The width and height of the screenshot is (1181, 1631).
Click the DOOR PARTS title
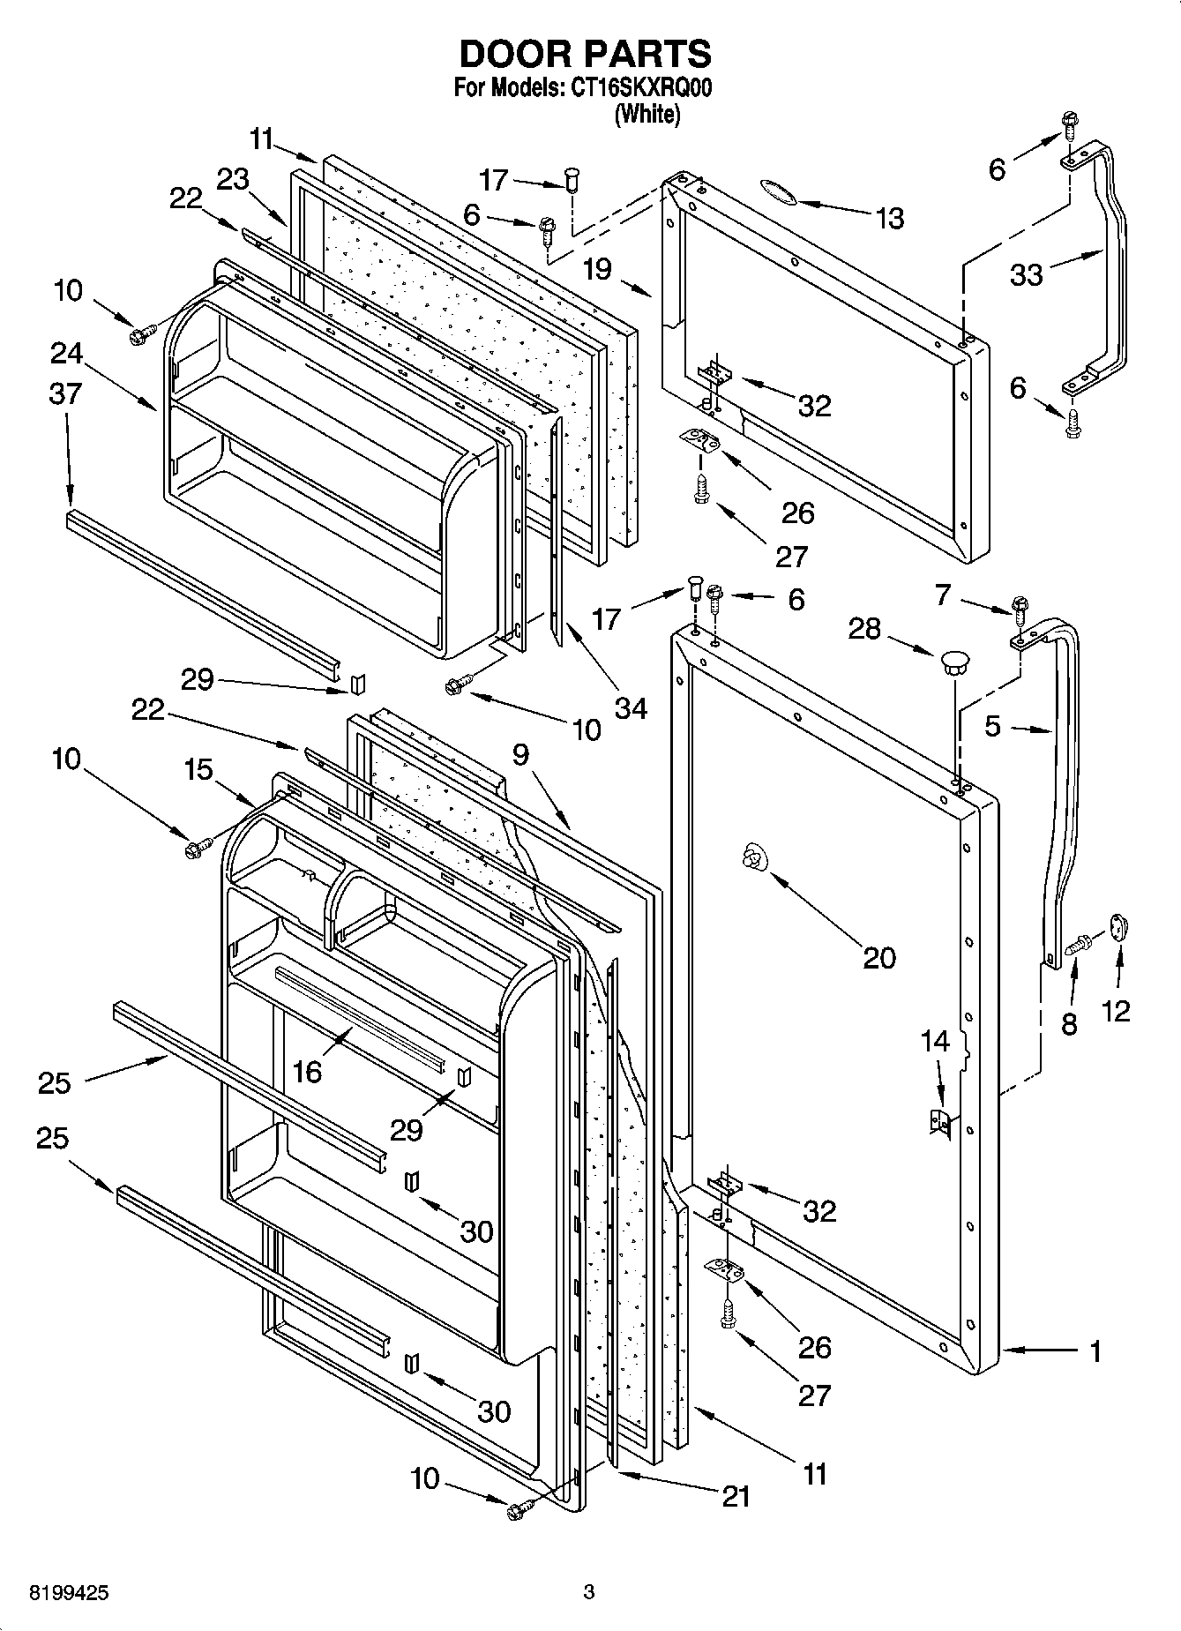(x=585, y=55)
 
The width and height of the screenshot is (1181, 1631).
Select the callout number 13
(x=890, y=218)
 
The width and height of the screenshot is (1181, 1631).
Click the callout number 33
(x=1027, y=274)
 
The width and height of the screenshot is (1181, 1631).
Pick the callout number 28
(x=864, y=628)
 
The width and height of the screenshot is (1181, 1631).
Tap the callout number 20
(x=878, y=957)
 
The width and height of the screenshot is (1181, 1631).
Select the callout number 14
(x=935, y=1041)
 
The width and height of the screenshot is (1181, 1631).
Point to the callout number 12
(x=1116, y=1009)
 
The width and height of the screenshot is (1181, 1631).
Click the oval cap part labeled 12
(x=1120, y=927)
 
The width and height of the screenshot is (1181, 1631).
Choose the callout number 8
(x=1069, y=1025)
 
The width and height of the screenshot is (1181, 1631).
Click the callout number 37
(x=65, y=393)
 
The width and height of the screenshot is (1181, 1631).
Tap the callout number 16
(x=307, y=1070)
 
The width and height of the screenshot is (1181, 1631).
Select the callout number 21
(x=736, y=1496)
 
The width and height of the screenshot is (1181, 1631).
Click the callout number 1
(x=1095, y=1350)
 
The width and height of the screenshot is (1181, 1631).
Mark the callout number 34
(x=632, y=707)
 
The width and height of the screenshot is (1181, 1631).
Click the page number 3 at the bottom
(x=589, y=1592)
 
